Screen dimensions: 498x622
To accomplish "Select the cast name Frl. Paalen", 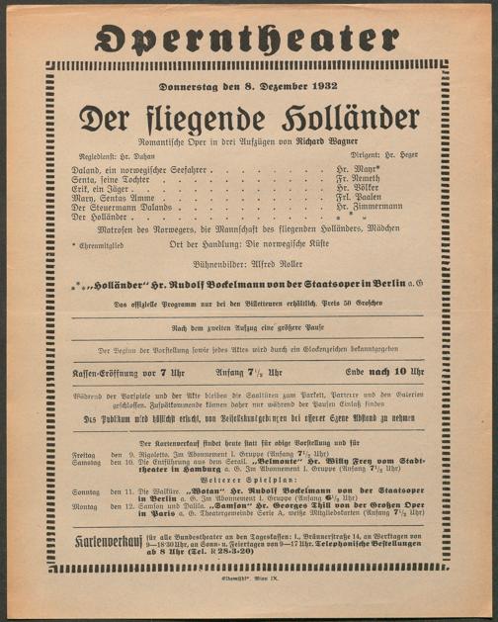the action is [x=372, y=199].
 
